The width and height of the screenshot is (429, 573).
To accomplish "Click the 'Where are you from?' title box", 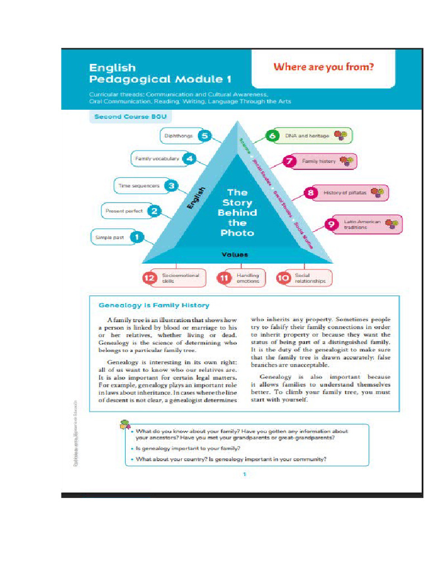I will click(323, 68).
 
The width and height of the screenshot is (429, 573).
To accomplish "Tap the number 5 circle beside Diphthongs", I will click(204, 136).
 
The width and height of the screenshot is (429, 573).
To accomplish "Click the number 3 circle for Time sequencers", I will click(172, 186).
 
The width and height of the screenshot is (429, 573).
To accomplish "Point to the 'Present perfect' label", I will click(123, 212).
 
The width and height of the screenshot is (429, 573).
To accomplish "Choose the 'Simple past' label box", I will click(110, 238).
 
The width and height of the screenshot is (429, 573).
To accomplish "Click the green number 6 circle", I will click(273, 136).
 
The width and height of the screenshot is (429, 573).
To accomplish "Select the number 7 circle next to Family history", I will click(289, 161).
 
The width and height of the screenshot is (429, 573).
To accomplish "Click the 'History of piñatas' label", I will click(345, 192).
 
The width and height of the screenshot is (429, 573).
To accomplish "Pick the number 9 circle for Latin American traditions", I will click(331, 224).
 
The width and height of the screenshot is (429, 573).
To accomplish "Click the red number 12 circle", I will click(149, 278).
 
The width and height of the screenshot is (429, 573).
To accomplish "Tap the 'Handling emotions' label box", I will click(247, 278).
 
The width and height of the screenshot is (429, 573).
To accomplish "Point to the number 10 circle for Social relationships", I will click(284, 278).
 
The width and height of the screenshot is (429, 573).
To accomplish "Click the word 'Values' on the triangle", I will click(235, 255).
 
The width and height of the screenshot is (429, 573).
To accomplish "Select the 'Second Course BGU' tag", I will click(129, 117).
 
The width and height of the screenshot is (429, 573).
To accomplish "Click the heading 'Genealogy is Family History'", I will click(154, 306).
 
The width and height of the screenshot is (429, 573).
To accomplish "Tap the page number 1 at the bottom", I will click(244, 475).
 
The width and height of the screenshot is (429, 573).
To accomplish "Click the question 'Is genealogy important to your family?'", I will click(188, 449).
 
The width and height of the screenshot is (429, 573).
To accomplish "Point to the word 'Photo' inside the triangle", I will click(237, 233).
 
